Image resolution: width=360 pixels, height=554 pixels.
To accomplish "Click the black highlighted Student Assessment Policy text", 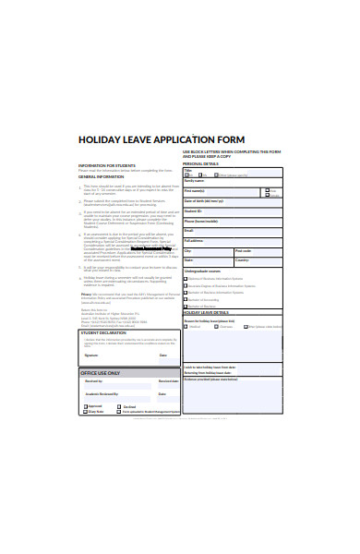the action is pyautogui.click(x=150, y=247).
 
